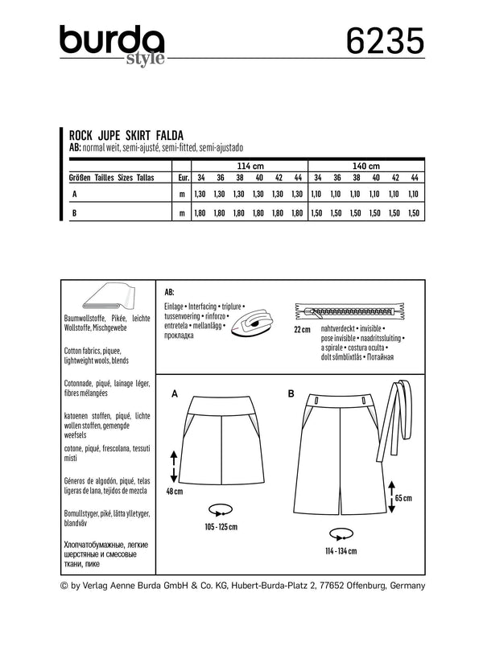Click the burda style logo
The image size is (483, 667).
coord(111,42)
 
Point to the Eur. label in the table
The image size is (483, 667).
coord(182,178)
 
